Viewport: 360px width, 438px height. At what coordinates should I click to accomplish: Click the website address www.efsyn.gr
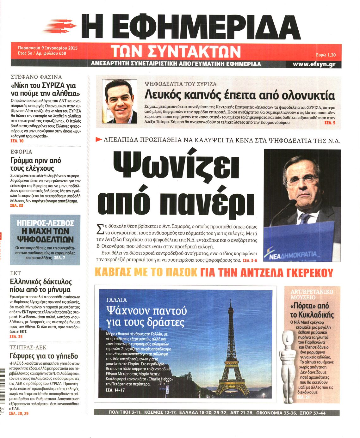314,64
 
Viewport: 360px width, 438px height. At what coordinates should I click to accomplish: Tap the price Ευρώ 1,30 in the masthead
326,55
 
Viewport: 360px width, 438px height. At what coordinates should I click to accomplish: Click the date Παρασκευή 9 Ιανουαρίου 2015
48,48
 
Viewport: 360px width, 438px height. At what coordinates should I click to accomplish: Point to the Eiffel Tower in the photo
232,348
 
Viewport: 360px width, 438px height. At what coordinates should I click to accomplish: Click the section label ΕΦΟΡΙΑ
21,152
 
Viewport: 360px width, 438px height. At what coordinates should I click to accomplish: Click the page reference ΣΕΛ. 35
16,337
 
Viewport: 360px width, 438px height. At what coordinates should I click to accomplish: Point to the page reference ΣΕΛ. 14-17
115,390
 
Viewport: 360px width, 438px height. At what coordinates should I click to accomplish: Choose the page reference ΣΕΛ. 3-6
250,261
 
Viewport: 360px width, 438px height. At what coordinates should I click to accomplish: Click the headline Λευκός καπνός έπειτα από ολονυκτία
239,95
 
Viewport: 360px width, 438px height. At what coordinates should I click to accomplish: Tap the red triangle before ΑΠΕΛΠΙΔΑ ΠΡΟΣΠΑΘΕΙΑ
98,139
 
